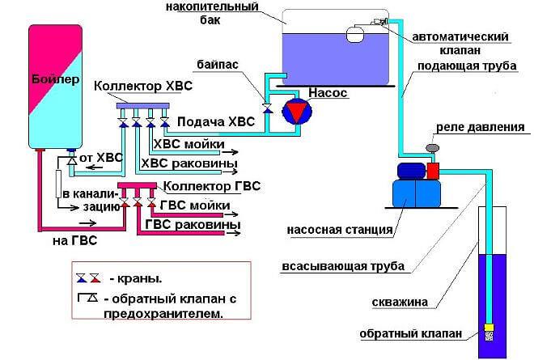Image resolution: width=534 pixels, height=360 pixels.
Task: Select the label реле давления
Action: click(x=481, y=127)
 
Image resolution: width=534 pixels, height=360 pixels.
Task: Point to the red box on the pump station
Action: click(x=433, y=170)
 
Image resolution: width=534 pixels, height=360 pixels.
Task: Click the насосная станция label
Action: click(x=341, y=229)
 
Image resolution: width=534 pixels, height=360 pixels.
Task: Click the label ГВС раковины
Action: click(x=199, y=224)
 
